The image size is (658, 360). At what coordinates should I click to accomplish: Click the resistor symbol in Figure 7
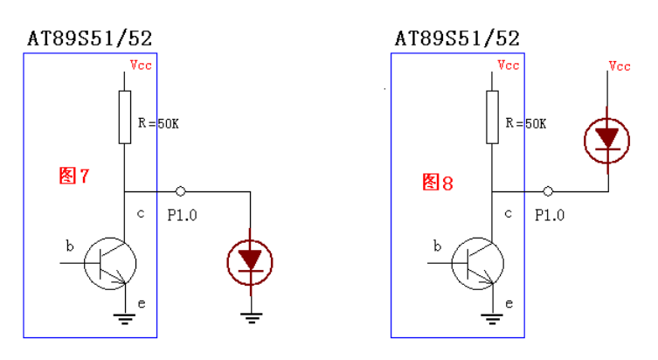click(125, 116)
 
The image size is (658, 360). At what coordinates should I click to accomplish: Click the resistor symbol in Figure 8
click(492, 116)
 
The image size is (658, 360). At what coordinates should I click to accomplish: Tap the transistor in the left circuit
click(111, 260)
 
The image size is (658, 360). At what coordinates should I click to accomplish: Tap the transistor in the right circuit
click(478, 260)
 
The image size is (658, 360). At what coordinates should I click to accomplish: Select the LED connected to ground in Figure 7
click(251, 260)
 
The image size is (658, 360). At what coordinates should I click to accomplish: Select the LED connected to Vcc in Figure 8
click(606, 140)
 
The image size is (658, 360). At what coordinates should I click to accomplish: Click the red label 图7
click(74, 176)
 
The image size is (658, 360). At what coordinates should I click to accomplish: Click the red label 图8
click(438, 183)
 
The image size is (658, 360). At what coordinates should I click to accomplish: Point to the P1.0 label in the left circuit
click(183, 215)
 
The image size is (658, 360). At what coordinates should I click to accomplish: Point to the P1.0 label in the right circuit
click(550, 215)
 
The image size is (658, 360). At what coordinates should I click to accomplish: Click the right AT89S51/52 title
click(457, 38)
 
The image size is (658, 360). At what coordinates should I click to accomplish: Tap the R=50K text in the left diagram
click(158, 124)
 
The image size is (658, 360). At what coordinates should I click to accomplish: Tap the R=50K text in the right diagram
click(525, 124)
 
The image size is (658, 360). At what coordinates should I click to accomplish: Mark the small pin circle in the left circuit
click(180, 190)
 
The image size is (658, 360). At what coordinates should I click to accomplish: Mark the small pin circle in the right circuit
click(548, 190)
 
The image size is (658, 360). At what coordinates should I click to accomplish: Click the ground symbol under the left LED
click(252, 317)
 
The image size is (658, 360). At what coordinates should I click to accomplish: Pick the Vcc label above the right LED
click(620, 66)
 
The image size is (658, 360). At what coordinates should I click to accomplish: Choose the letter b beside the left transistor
click(70, 246)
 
